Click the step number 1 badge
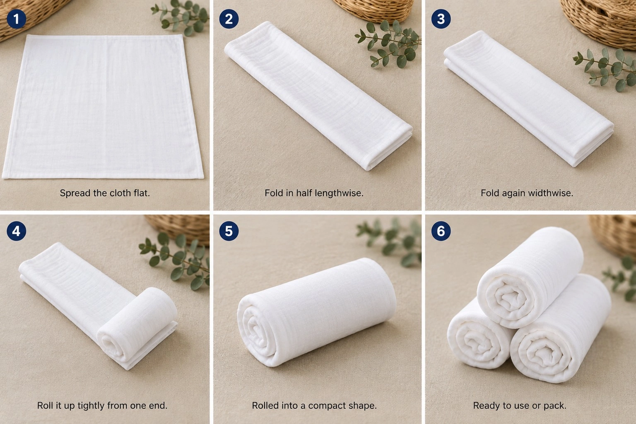click(16, 19)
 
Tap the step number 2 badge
click(229, 19)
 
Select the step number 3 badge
click(441, 19)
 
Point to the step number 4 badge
click(16, 231)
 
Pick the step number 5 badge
click(229, 231)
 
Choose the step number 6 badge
click(441, 231)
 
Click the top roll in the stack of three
click(530, 277)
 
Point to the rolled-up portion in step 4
click(137, 325)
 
